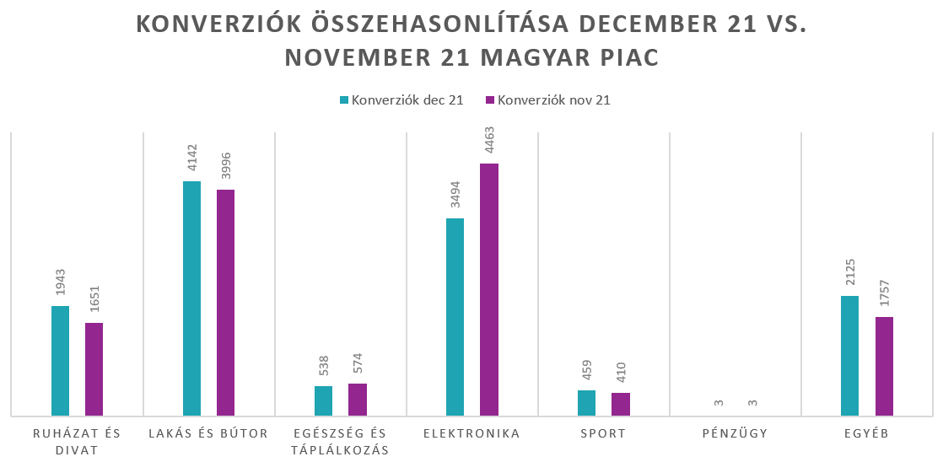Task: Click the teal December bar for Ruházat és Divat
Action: tap(60, 361)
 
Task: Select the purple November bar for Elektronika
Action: tap(489, 289)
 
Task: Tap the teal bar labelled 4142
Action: tap(191, 298)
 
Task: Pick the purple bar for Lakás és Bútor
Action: tap(225, 303)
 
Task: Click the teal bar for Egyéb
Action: tap(849, 356)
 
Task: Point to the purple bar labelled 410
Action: tap(621, 404)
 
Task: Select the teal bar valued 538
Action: tap(323, 400)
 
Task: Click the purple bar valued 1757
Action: tap(884, 366)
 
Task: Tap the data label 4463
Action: tap(489, 142)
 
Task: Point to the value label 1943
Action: tap(61, 285)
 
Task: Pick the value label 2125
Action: tap(850, 275)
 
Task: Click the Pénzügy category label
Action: tap(735, 434)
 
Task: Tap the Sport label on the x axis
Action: tap(603, 434)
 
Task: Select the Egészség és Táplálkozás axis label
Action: tap(340, 442)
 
